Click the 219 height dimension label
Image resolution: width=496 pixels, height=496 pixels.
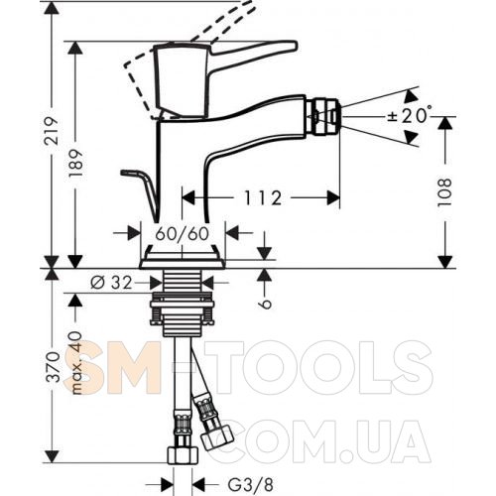tap(52, 130)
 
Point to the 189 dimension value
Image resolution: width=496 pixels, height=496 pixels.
tap(76, 164)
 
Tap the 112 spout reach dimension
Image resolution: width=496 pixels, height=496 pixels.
tap(263, 197)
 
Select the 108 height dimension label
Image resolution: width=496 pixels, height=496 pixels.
tap(444, 192)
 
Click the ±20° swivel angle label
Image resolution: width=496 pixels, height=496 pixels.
tap(410, 116)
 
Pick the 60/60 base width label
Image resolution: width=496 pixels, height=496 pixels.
tap(183, 234)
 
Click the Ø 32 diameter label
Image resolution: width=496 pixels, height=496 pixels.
tap(111, 283)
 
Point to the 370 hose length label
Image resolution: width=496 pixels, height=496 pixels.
tap(53, 367)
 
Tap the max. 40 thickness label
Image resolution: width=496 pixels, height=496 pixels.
tap(76, 362)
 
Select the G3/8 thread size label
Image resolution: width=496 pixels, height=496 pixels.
tap(251, 485)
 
